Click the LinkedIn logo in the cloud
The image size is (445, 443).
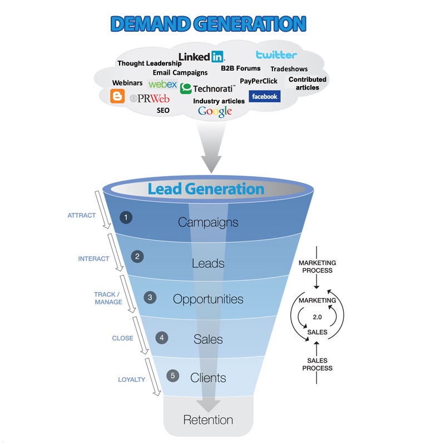tap(201, 57)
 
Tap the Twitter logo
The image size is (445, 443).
tap(276, 54)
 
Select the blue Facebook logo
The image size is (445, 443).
tap(265, 96)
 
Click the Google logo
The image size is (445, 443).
tap(215, 112)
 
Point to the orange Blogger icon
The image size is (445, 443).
tap(117, 96)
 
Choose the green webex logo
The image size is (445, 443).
tap(162, 84)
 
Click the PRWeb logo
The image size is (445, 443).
tap(150, 99)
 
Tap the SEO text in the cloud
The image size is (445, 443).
tap(163, 110)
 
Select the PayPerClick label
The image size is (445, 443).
tap(259, 81)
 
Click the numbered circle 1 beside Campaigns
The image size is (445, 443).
tap(126, 217)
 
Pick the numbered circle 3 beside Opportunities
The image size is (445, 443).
tap(150, 297)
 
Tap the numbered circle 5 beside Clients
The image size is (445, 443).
tap(173, 376)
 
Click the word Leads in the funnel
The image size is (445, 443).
tap(208, 263)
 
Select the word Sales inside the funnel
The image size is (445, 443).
tap(208, 339)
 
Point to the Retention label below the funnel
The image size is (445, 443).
tap(208, 420)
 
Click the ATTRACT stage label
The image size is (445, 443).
tap(81, 216)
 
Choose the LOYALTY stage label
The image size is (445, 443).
tap(131, 380)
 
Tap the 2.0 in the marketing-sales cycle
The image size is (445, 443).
tap(317, 317)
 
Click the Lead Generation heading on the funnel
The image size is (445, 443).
tap(206, 189)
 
